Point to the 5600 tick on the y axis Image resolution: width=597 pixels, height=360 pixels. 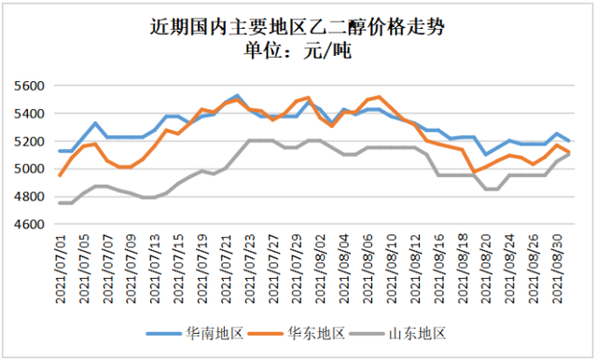(x=30, y=86)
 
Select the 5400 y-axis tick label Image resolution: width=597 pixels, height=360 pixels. (x=30, y=114)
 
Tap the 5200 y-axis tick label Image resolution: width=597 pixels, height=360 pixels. (x=30, y=142)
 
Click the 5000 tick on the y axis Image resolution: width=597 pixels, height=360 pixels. (x=30, y=169)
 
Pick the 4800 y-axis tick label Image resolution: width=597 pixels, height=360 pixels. (x=30, y=197)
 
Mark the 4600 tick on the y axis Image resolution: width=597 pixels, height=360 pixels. (x=30, y=225)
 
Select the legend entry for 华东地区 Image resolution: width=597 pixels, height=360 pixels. (x=298, y=333)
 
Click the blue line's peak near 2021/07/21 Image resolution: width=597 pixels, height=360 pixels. (x=237, y=96)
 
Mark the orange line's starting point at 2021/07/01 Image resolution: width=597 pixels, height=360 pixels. (x=61, y=175)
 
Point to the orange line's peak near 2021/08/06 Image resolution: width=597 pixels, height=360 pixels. (x=378, y=96)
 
